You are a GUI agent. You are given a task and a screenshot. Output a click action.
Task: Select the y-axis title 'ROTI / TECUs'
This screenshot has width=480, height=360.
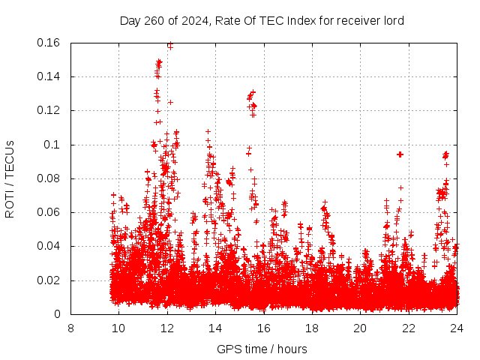pyautogui.click(x=10, y=178)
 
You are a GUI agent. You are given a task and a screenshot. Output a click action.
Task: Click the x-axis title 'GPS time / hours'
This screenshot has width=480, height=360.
pyautogui.click(x=262, y=349)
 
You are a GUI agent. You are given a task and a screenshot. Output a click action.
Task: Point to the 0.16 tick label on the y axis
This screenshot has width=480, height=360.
pyautogui.click(x=49, y=43)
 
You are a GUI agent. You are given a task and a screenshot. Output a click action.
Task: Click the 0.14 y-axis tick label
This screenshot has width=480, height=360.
pyautogui.click(x=49, y=76)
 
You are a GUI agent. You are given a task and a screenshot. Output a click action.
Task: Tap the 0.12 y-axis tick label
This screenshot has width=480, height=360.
pyautogui.click(x=49, y=110)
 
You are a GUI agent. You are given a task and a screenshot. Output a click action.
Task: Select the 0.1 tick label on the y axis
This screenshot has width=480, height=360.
pyautogui.click(x=52, y=145)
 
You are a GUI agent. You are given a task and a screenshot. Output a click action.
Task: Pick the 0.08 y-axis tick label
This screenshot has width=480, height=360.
pyautogui.click(x=49, y=178)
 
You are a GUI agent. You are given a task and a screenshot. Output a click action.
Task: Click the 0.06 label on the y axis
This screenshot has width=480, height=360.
pyautogui.click(x=49, y=212)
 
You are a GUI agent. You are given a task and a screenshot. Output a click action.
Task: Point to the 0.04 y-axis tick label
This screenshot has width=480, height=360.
pyautogui.click(x=49, y=246)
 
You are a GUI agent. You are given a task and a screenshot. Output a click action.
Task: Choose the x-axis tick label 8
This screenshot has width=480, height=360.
pyautogui.click(x=70, y=328)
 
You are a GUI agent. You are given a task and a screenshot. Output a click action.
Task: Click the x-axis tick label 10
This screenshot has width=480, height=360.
pyautogui.click(x=118, y=328)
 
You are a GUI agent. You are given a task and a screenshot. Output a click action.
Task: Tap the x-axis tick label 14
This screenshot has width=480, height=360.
pyautogui.click(x=215, y=328)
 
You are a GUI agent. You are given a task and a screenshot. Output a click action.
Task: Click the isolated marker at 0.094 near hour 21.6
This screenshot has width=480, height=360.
pyautogui.click(x=400, y=154)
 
